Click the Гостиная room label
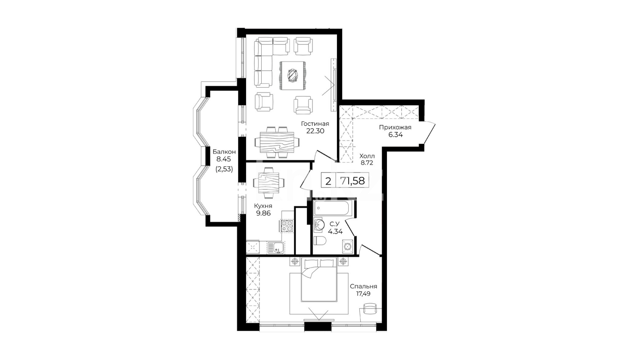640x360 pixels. tap(315, 124)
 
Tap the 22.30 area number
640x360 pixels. tap(315, 131)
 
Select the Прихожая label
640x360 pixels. tap(395, 127)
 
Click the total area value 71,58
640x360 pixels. tap(352, 181)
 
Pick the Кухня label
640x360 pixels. tap(263, 206)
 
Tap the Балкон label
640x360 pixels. tap(224, 152)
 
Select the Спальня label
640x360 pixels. tap(363, 286)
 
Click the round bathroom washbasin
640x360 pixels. tap(319, 224)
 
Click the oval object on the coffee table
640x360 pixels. tap(293, 75)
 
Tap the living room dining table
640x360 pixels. tap(277, 142)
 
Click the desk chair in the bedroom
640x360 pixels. tap(370, 309)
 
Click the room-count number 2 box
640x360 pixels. tap(328, 181)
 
